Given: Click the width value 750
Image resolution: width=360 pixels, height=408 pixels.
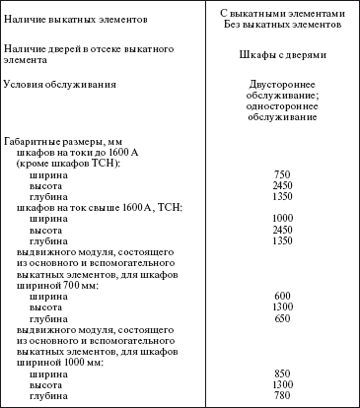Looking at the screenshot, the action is [x=282, y=173].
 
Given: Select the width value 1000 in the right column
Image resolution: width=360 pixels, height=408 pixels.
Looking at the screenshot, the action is [x=282, y=218].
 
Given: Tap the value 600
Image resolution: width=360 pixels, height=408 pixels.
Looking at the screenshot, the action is [x=282, y=297].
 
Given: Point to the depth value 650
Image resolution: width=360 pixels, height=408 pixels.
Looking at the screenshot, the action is [x=282, y=319].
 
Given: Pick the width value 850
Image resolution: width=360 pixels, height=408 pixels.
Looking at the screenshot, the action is [x=282, y=374].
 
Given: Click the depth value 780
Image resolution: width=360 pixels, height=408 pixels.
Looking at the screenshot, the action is [x=282, y=396].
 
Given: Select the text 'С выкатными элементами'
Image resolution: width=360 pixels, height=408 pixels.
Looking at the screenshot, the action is [x=282, y=13].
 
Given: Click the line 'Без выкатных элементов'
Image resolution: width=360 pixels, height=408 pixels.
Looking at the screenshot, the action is [x=282, y=24].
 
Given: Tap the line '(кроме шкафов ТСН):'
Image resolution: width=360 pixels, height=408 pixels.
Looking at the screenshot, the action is [x=69, y=163].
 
